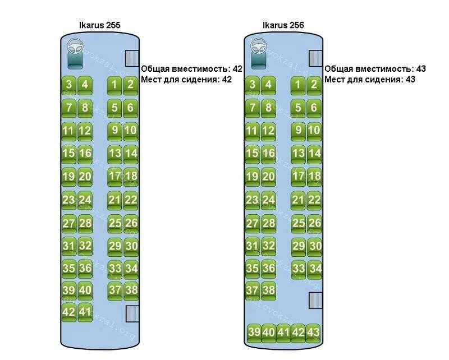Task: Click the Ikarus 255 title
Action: [100, 25]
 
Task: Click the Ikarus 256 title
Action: [283, 25]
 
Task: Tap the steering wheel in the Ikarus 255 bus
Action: [75, 46]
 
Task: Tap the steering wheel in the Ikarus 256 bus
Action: [258, 46]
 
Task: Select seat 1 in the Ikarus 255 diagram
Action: [115, 85]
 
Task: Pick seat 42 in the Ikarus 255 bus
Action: [68, 312]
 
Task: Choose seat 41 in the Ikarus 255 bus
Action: [85, 312]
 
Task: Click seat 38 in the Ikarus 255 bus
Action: [131, 290]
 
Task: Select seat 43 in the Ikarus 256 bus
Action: [314, 333]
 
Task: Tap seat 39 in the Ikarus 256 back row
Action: [254, 333]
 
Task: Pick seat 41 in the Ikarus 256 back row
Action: [284, 333]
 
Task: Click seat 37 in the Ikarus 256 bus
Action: [253, 290]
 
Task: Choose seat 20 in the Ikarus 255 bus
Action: [85, 177]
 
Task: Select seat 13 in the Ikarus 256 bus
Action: [299, 154]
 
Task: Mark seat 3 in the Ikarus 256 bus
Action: [253, 85]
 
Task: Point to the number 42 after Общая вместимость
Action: [237, 69]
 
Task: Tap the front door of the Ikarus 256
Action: [316, 58]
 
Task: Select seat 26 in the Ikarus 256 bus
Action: [314, 223]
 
